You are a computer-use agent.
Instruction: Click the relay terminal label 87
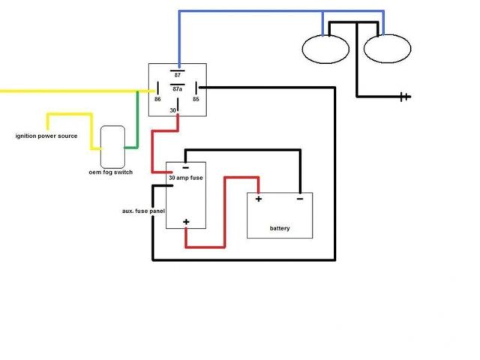click(x=177, y=76)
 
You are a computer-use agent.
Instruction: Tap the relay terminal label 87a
click(x=177, y=88)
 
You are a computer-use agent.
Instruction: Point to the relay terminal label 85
click(x=195, y=98)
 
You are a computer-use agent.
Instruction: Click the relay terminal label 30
click(x=172, y=111)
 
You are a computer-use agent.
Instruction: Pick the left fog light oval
click(x=325, y=49)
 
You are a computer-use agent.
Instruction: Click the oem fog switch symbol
click(x=114, y=146)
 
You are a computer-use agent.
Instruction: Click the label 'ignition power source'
click(x=46, y=136)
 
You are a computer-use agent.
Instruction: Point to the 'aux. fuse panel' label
click(x=142, y=211)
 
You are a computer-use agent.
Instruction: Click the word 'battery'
click(x=280, y=228)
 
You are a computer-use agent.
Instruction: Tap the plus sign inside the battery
click(x=259, y=199)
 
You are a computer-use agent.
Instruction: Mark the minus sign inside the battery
click(x=299, y=199)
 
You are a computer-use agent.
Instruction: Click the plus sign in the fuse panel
click(x=185, y=222)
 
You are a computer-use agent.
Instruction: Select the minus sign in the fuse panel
click(x=185, y=167)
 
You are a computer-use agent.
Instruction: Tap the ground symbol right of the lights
click(x=406, y=96)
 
